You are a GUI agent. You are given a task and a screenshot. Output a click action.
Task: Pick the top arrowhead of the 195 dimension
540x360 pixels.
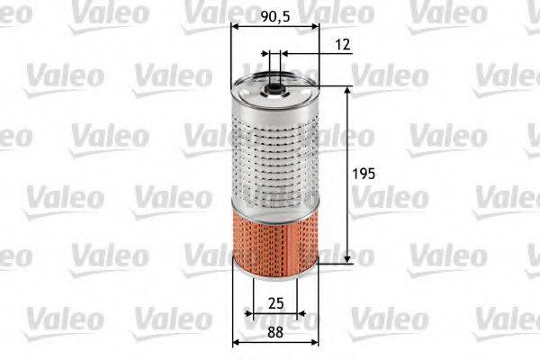348,91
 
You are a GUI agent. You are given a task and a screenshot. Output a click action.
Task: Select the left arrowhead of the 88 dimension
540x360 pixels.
236,342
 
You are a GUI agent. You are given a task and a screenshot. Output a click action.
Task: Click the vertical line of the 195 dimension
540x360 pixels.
348,207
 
